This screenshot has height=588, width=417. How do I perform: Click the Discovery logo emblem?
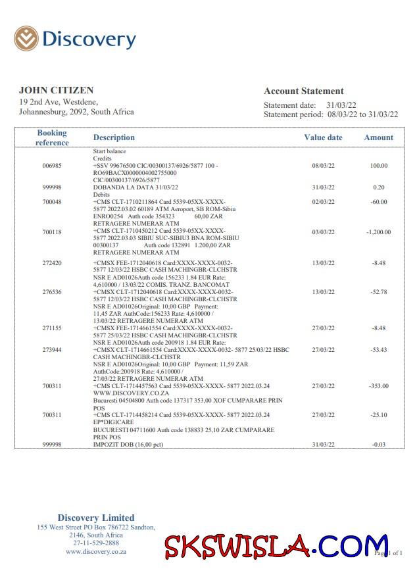pyautogui.click(x=26, y=39)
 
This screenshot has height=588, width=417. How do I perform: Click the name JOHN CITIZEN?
pyautogui.click(x=56, y=90)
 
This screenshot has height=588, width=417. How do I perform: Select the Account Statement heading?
pyautogui.click(x=304, y=91)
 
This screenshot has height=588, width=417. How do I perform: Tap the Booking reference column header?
pyautogui.click(x=52, y=137)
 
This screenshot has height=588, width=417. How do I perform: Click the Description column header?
pyautogui.click(x=114, y=137)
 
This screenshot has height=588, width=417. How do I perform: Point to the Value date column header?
pyautogui.click(x=323, y=137)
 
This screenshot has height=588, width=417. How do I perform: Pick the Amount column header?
pyautogui.click(x=378, y=137)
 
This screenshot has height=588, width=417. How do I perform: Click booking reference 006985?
pyautogui.click(x=52, y=166)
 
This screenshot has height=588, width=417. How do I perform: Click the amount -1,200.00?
pyautogui.click(x=378, y=232)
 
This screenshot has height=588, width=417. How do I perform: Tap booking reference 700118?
pyautogui.click(x=52, y=232)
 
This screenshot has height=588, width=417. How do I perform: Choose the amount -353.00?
pyautogui.click(x=378, y=386)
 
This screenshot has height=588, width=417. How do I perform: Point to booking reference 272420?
pyautogui.click(x=52, y=263)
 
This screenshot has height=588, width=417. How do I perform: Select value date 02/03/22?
pyautogui.click(x=323, y=202)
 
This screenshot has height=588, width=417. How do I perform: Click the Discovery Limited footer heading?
pyautogui.click(x=96, y=518)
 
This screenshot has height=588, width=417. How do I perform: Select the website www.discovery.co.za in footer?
pyautogui.click(x=96, y=552)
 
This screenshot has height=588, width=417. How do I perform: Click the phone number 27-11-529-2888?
pyautogui.click(x=96, y=543)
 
